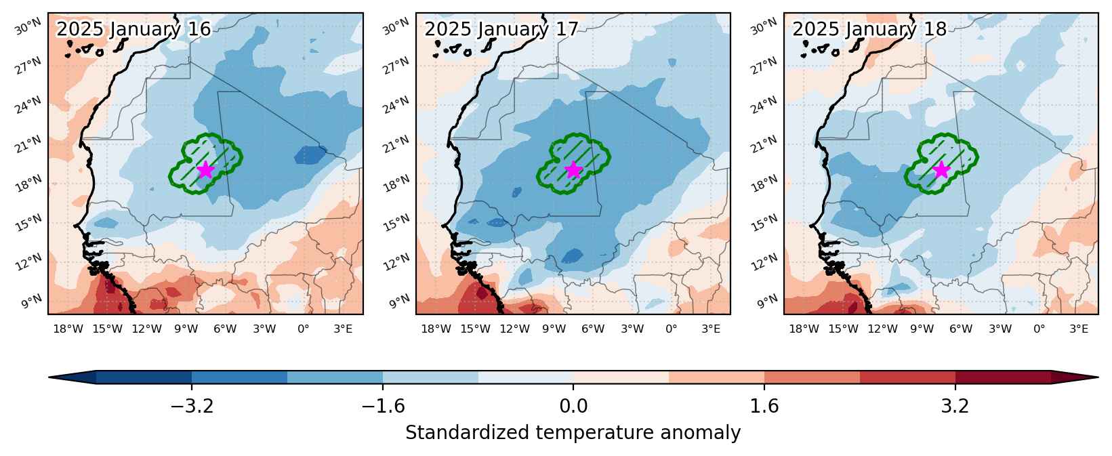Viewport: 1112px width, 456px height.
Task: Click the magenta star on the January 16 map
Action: [205, 170]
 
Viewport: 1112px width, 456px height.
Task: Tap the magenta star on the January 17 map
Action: [573, 170]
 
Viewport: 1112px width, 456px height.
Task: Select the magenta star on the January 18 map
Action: [941, 170]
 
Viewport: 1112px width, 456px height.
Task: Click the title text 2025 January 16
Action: [133, 29]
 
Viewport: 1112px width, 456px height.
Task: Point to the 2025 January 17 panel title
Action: [501, 29]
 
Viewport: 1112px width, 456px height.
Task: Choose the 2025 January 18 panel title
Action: [869, 29]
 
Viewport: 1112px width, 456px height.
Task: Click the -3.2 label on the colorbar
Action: [192, 407]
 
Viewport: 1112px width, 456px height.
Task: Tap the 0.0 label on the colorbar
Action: [573, 407]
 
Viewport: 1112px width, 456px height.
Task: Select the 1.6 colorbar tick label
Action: [764, 407]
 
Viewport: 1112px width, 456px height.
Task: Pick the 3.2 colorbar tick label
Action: [955, 407]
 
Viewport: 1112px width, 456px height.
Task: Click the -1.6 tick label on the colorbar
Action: [383, 407]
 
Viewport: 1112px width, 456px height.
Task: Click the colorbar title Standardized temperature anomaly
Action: [573, 433]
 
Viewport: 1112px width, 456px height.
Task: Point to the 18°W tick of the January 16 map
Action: [68, 329]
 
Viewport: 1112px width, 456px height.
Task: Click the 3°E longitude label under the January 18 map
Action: [1078, 329]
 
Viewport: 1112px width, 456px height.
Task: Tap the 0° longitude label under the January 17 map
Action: [671, 329]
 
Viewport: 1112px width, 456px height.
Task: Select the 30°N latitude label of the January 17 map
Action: [396, 26]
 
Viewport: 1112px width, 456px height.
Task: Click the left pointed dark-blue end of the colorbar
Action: [72, 377]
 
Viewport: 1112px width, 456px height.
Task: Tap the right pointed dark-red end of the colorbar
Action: [1075, 377]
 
